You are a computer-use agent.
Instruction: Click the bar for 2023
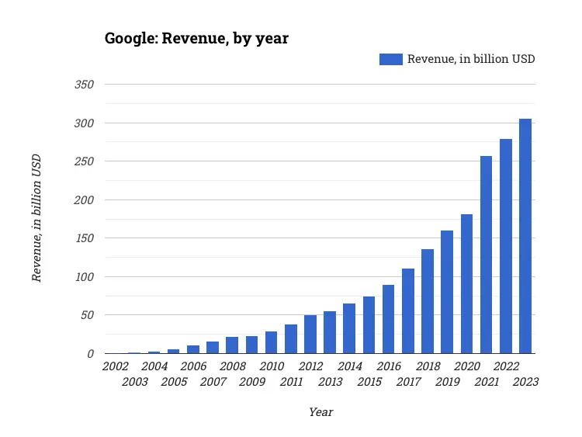[525, 236]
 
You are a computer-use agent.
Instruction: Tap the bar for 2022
[506, 246]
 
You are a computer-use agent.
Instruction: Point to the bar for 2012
[310, 335]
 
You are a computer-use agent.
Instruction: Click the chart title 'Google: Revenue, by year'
[196, 38]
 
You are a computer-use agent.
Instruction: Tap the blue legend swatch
[390, 59]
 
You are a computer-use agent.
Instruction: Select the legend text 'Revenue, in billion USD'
[471, 59]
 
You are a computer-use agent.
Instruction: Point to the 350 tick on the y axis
[84, 85]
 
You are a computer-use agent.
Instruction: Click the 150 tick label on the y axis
[84, 238]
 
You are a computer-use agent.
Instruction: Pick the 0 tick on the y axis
[90, 354]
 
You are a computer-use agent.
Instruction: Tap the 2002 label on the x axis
[115, 366]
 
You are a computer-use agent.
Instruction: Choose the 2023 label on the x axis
[525, 381]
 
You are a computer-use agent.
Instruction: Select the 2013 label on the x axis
[330, 381]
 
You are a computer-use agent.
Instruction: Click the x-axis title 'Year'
[320, 412]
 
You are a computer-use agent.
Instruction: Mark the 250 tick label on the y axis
[84, 161]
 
